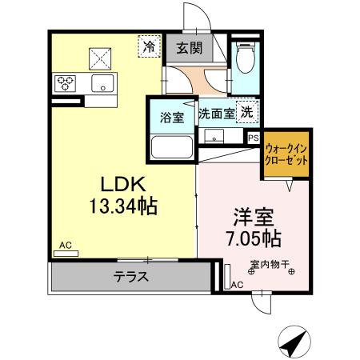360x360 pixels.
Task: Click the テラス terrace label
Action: (x=129, y=278)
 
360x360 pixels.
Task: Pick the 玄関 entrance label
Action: (x=190, y=49)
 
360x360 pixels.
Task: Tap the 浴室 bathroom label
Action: (x=171, y=118)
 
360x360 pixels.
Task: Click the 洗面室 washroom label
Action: (x=217, y=114)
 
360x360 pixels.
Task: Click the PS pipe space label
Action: (x=253, y=138)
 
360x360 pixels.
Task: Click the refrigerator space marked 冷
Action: (x=149, y=47)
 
